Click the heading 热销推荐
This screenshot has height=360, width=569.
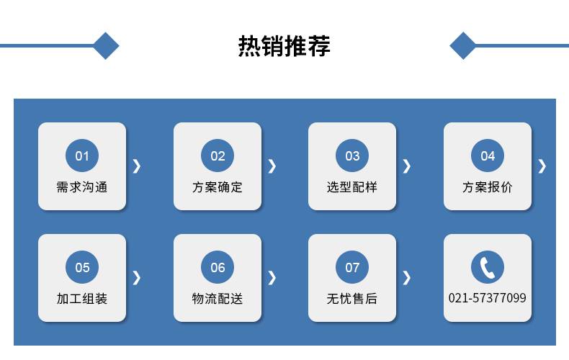284,46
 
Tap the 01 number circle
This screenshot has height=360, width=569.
82,156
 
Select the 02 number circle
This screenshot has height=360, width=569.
218,156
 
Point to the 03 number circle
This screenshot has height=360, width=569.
352,156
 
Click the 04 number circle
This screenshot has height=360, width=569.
488,156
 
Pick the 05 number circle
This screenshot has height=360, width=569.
82,267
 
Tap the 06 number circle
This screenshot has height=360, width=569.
218,267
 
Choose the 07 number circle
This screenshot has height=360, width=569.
352,267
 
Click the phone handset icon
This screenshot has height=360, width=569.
488,267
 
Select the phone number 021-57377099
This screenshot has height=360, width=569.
488,298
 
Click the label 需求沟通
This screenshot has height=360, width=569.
82,187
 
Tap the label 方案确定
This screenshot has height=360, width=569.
218,187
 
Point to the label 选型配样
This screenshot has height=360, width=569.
352,187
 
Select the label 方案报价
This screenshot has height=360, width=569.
488,187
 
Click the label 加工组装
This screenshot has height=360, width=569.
82,299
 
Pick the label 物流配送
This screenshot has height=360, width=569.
218,299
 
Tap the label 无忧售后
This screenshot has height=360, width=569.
352,299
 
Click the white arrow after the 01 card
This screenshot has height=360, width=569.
137,166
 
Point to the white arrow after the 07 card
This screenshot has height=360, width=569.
408,278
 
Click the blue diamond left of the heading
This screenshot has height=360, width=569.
106,46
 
